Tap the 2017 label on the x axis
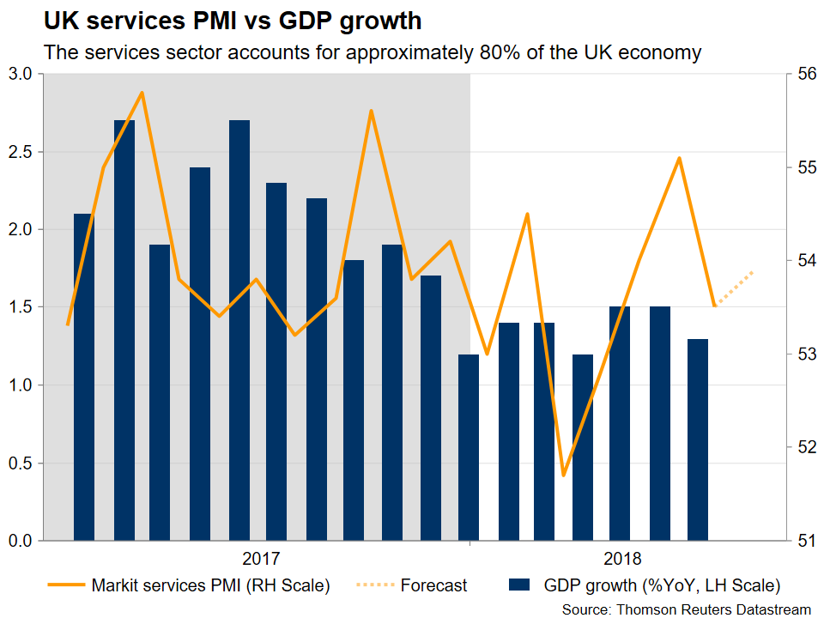pyautogui.click(x=261, y=560)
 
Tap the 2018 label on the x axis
pyautogui.click(x=623, y=560)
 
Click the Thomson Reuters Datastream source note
pyautogui.click(x=687, y=609)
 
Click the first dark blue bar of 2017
pyautogui.click(x=83, y=378)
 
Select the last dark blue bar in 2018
pyautogui.click(x=698, y=439)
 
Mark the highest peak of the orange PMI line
pyautogui.click(x=142, y=93)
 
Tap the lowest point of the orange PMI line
pyautogui.click(x=563, y=475)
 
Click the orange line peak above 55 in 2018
pyautogui.click(x=679, y=158)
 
